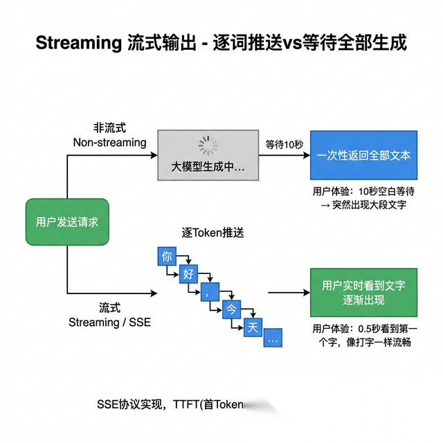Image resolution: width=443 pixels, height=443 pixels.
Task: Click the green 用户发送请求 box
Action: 67,222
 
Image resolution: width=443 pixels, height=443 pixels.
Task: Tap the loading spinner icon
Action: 208,145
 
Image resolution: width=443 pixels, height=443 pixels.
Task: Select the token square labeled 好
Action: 188,274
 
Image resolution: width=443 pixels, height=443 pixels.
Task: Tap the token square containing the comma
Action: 208,292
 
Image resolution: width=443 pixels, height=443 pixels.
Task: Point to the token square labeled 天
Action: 251,327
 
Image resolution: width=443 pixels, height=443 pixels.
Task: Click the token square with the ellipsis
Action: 272,341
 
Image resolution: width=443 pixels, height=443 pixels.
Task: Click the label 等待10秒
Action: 284,145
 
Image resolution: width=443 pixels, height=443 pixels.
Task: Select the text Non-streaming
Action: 109,143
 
